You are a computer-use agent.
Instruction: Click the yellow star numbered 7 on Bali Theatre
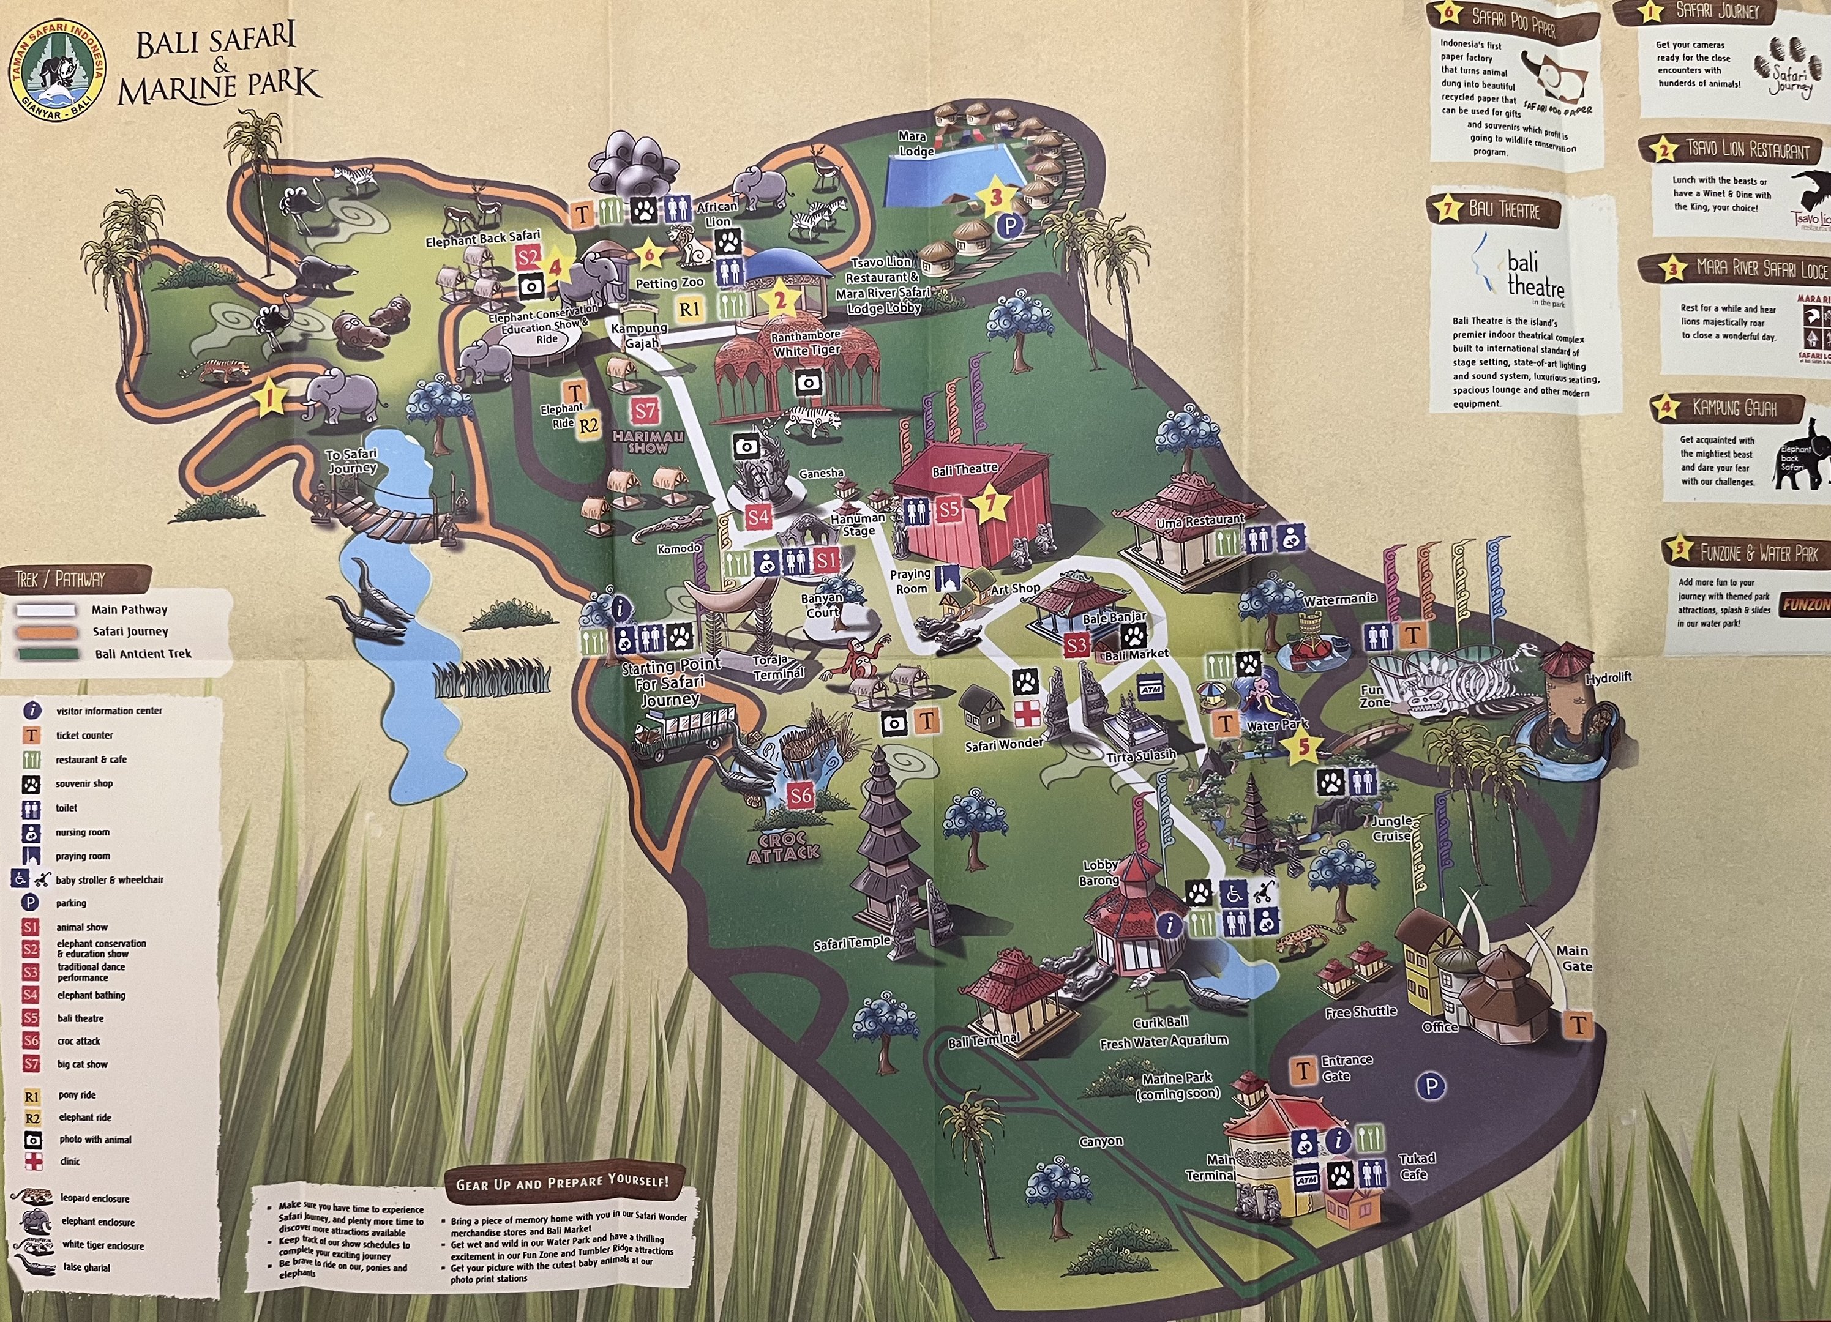coord(992,506)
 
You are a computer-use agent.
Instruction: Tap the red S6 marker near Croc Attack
coord(800,796)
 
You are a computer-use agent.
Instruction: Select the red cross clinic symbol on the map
coord(1026,715)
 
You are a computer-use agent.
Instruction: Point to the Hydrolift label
coord(1608,678)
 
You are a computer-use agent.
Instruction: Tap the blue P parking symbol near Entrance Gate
coord(1431,1086)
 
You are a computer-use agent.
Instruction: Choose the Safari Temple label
coord(851,942)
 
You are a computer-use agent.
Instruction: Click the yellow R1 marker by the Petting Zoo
coord(689,309)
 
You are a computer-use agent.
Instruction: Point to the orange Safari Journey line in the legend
coord(46,632)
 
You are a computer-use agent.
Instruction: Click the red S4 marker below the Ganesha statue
coord(757,517)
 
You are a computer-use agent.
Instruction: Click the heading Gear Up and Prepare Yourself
coord(562,1183)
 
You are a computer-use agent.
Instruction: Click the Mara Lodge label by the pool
coord(916,144)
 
